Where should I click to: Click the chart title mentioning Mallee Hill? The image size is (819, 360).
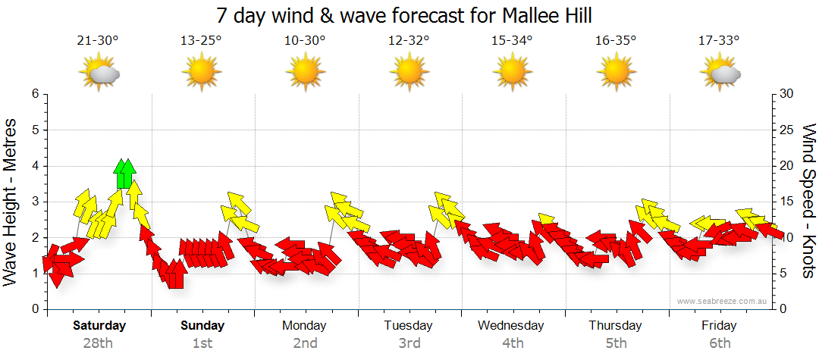(403, 15)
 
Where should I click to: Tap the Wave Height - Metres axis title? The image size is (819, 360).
(12, 202)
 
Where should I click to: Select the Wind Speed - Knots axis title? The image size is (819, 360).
(808, 202)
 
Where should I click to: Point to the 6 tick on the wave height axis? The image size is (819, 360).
(34, 94)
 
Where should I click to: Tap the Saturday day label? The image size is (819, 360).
(99, 326)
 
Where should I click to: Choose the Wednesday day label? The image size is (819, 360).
(511, 326)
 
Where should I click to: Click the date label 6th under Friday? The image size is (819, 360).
(719, 343)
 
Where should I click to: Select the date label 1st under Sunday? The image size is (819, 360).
(202, 343)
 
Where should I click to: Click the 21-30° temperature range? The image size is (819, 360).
(98, 41)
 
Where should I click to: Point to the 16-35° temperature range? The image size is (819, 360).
(615, 41)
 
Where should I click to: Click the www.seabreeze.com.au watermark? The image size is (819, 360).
(723, 301)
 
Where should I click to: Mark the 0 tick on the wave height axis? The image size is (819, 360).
(34, 309)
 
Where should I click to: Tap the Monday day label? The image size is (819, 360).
(304, 326)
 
